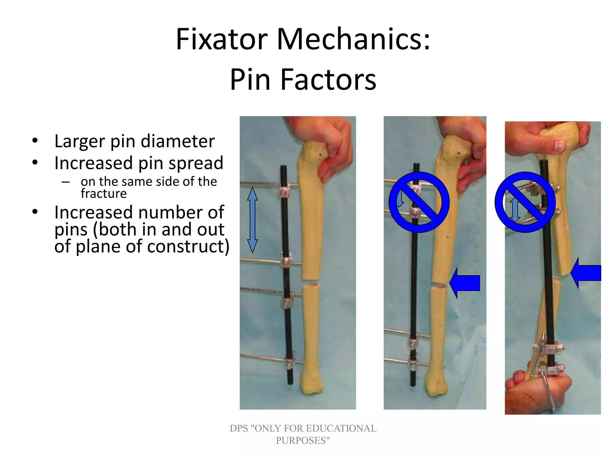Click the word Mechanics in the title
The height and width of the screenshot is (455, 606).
pos(353,39)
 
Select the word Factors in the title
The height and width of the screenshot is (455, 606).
pos(328,80)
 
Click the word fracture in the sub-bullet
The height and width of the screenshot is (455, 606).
pos(104,194)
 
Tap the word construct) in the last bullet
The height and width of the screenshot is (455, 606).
pos(188,246)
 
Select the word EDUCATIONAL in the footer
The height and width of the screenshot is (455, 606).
pos(341,428)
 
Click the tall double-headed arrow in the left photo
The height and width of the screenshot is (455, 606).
pos(252,220)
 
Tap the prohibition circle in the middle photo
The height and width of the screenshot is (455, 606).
pos(419,202)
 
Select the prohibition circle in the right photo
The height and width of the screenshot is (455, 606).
pos(525,202)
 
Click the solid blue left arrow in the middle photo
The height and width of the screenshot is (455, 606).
pos(465,283)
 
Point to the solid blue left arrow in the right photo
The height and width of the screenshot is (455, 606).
pos(586,273)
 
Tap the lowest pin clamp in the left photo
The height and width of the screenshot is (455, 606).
pos(288,363)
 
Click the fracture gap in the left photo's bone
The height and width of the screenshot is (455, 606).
pos(310,282)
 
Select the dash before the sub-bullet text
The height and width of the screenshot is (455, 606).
pos(66,182)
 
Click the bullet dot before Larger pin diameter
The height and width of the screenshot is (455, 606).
pos(35,141)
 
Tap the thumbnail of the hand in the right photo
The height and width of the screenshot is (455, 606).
pos(559,145)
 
